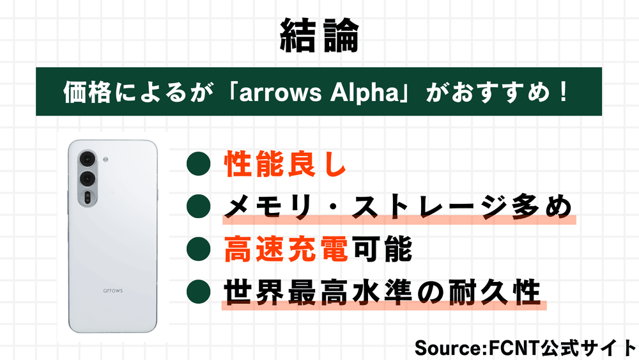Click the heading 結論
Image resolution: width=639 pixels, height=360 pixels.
pos(319,36)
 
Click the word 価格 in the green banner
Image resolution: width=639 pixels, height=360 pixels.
pos(88,92)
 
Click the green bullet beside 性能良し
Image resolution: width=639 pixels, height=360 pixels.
pos(199,164)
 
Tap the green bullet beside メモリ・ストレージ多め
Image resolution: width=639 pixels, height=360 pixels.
pos(199,207)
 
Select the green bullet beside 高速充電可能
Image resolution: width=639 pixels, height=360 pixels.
pos(199,249)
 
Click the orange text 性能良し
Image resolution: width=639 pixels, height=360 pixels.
pos(285,164)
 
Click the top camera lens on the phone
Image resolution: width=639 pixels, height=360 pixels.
pos(87,159)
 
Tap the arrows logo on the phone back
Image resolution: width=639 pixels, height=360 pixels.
pos(113,291)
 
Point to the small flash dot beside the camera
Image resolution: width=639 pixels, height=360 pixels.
pos(105,159)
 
